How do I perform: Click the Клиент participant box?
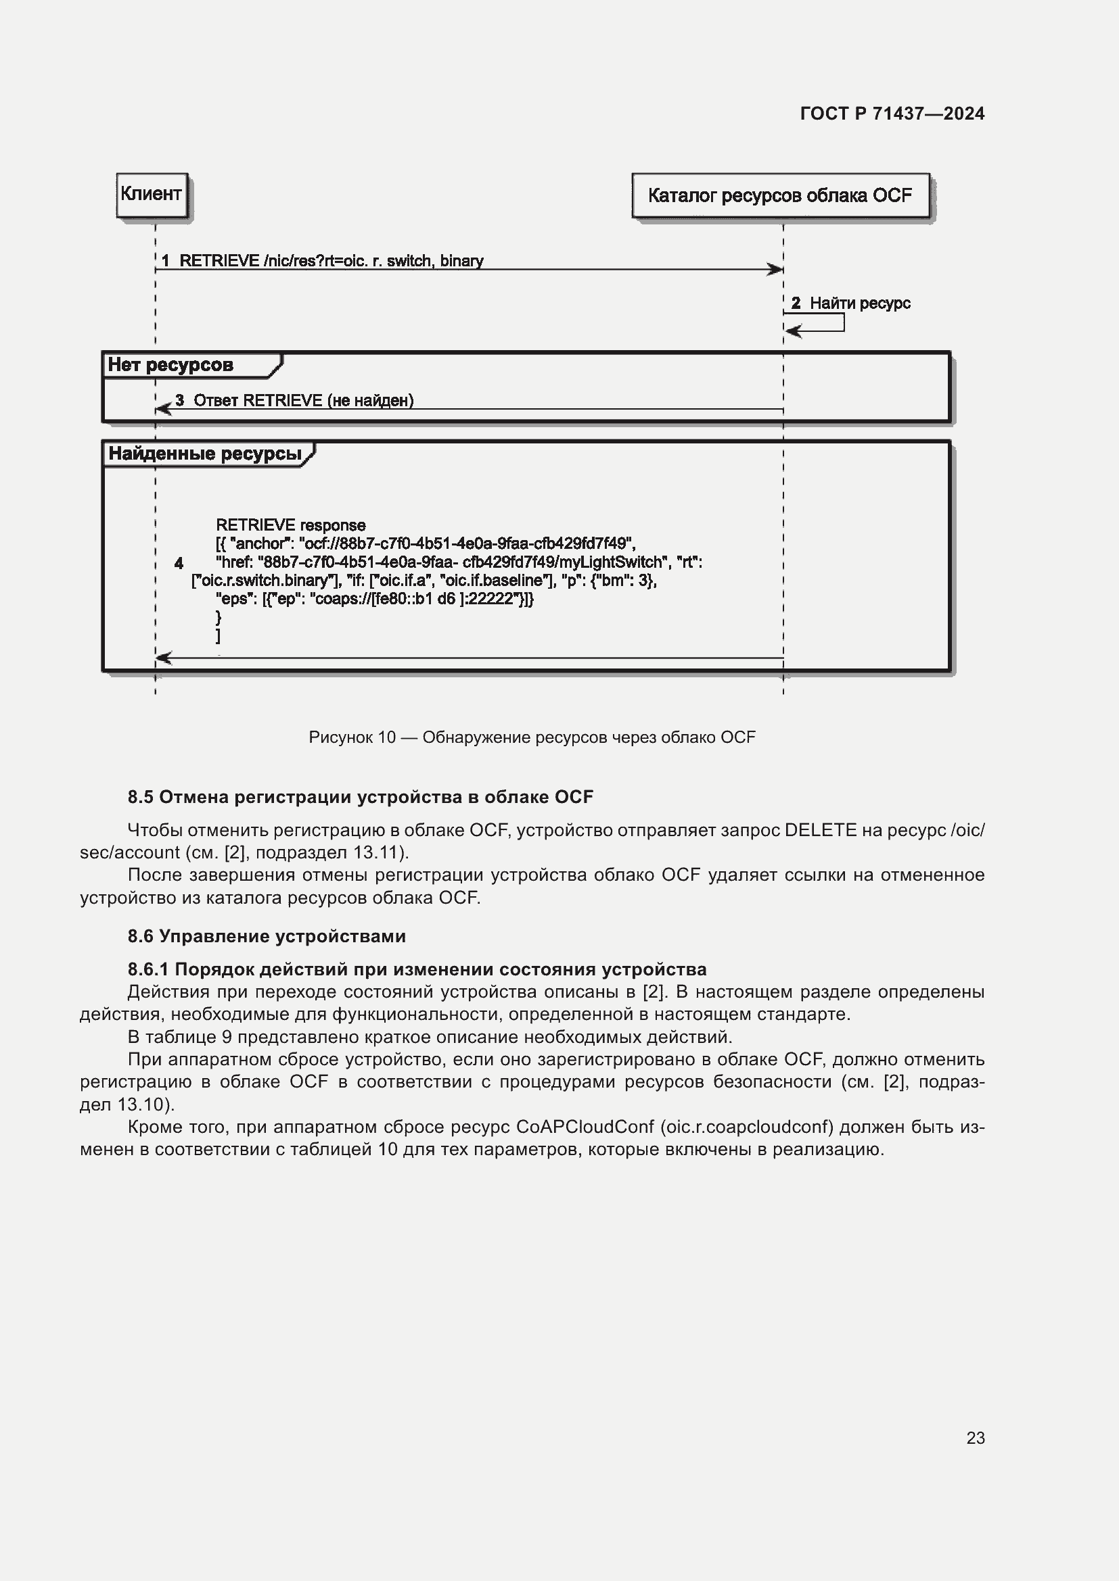152,195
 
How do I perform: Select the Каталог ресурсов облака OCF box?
780,195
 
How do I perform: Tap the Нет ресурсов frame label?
171,365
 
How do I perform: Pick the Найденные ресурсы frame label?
206,454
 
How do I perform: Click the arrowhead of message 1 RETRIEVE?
777,269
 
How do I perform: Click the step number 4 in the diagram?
179,563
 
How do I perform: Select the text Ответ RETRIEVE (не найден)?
303,401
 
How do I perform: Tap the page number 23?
975,1438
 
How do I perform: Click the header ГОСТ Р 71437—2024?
892,114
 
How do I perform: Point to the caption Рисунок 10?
531,737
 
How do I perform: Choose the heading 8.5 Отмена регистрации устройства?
360,798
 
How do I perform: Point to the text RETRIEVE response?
290,525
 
